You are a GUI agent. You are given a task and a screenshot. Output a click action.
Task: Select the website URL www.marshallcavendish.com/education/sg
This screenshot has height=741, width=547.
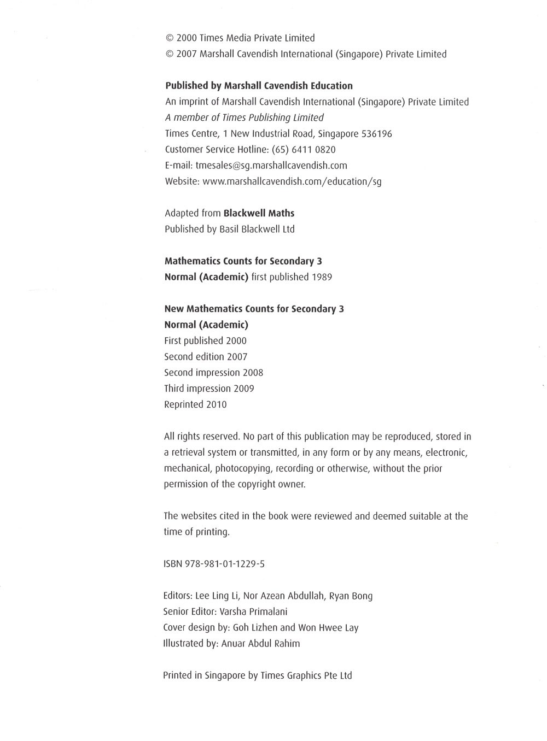[292, 181]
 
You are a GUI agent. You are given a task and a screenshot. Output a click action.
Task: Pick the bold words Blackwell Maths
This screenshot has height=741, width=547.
[259, 213]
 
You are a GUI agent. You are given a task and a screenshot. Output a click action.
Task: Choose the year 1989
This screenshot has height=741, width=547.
[322, 277]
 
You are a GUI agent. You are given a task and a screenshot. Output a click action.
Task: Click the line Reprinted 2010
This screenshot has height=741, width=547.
[195, 405]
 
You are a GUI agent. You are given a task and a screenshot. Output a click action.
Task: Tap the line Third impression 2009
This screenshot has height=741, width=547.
[209, 389]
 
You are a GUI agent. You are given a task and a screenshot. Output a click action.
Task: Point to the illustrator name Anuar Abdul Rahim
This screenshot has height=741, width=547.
[260, 644]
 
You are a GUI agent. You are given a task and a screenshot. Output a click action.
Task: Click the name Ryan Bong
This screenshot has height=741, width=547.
[351, 596]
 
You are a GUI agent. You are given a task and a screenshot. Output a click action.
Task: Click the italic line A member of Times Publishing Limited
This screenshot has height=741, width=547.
[244, 117]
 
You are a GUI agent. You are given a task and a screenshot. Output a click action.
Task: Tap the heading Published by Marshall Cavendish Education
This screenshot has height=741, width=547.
[259, 86]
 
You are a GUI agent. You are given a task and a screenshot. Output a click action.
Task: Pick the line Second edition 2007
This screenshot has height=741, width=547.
[206, 357]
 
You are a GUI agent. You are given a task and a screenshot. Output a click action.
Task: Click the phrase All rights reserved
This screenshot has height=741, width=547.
[202, 437]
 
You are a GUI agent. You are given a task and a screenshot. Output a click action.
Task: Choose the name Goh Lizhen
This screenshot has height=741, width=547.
[255, 627]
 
